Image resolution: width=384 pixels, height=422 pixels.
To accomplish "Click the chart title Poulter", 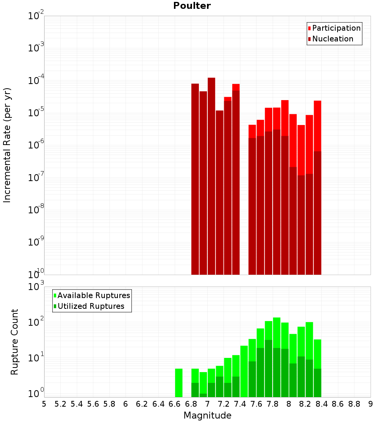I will click(x=192, y=6).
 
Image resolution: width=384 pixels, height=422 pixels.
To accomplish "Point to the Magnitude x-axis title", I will click(x=207, y=415).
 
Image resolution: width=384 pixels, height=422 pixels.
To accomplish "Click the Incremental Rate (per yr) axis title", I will click(x=7, y=145).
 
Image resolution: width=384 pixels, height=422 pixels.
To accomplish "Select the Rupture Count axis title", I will click(x=15, y=341).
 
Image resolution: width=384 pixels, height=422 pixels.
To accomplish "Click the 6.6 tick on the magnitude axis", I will click(x=174, y=404).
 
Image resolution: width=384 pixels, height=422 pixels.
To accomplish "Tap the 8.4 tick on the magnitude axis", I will click(x=321, y=404).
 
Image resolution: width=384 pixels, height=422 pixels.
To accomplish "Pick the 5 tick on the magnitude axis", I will click(x=44, y=404).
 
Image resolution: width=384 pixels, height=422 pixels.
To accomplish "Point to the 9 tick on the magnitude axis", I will click(x=371, y=404).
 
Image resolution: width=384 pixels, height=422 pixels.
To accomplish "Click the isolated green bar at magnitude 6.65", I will click(x=179, y=382).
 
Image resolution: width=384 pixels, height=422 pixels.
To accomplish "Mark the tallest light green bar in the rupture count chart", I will click(x=276, y=357).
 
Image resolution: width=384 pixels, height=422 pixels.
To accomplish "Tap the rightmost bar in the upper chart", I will click(x=317, y=188).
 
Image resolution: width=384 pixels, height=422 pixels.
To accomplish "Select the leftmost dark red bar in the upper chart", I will click(x=195, y=179).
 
